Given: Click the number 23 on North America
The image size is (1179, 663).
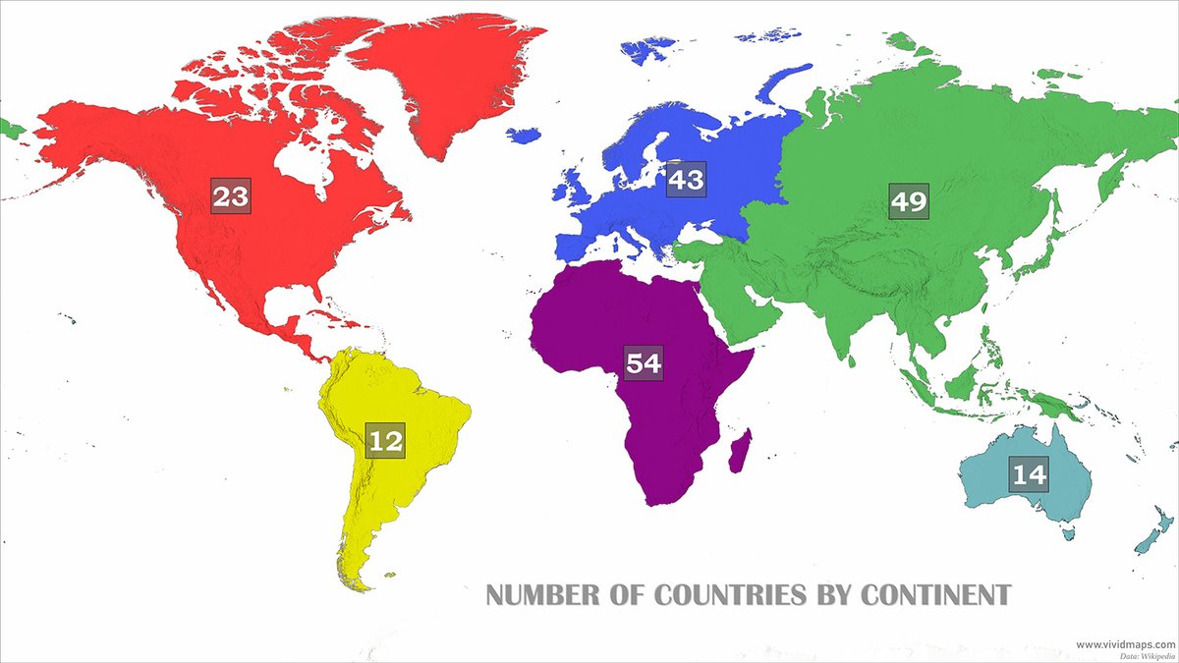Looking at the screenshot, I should (x=231, y=197).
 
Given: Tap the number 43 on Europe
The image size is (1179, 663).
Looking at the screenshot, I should (x=686, y=180).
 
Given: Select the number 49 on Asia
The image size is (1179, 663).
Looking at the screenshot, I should (x=909, y=201).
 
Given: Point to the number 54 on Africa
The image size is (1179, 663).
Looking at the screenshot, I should (x=645, y=363).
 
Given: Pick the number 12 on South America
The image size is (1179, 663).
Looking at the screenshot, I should (x=385, y=440).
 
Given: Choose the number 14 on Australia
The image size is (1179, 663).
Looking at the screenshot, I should (x=1029, y=474).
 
